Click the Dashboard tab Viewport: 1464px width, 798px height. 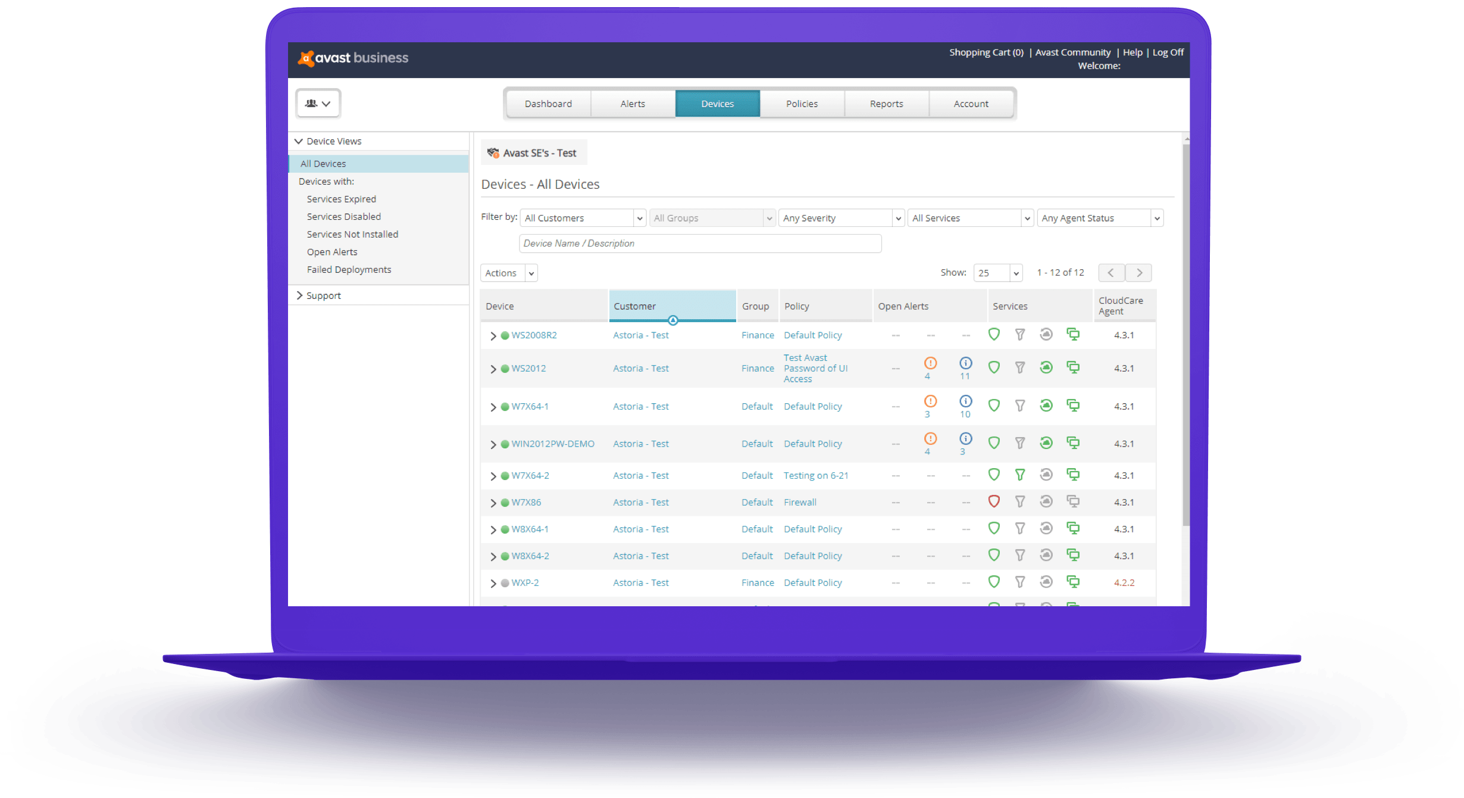pyautogui.click(x=548, y=104)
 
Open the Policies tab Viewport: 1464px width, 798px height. pyautogui.click(x=802, y=104)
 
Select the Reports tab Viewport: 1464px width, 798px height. pyautogui.click(x=886, y=104)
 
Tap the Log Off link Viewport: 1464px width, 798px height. pyautogui.click(x=1168, y=52)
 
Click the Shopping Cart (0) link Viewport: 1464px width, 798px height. pyautogui.click(x=986, y=52)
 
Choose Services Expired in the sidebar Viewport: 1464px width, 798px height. pyautogui.click(x=341, y=199)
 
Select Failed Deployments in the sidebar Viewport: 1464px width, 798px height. pyautogui.click(x=349, y=270)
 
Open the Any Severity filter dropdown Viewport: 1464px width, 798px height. pyautogui.click(x=841, y=218)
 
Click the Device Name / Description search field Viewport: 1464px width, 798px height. pyautogui.click(x=700, y=244)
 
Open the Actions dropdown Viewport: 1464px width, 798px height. pyautogui.click(x=509, y=273)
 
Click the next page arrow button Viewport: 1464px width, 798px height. pyautogui.click(x=1139, y=273)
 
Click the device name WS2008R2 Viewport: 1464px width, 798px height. pyautogui.click(x=534, y=335)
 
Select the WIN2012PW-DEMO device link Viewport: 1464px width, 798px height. pyautogui.click(x=552, y=444)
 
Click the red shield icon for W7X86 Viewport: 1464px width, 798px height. pyautogui.click(x=994, y=501)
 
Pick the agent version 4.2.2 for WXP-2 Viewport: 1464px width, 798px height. pyautogui.click(x=1124, y=582)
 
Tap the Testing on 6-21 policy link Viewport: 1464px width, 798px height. pyautogui.click(x=815, y=475)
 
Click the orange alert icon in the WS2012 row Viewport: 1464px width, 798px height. pyautogui.click(x=930, y=363)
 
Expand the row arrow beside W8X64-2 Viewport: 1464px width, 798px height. pyautogui.click(x=493, y=556)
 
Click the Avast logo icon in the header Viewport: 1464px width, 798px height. pyautogui.click(x=306, y=58)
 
